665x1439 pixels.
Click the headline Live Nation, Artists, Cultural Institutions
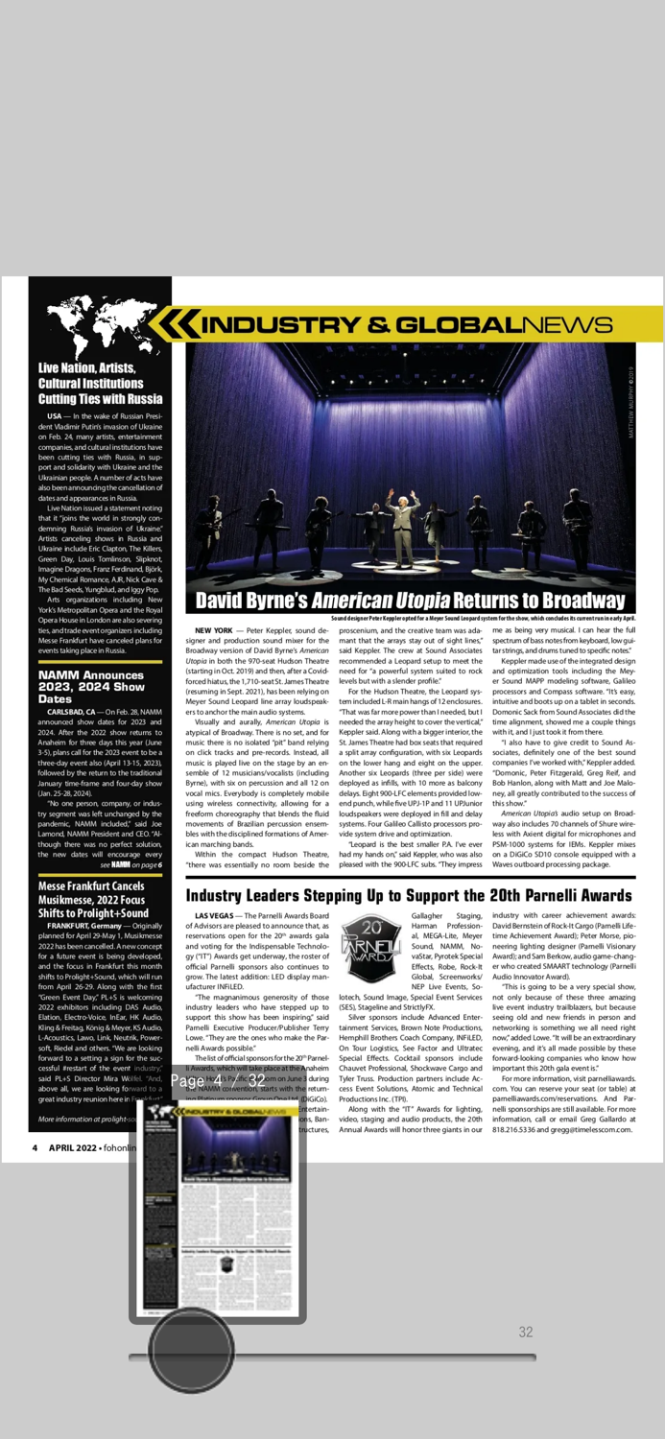(x=100, y=383)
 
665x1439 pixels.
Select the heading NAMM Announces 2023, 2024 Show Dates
(x=91, y=687)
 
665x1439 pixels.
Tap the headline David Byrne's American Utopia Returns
(x=410, y=602)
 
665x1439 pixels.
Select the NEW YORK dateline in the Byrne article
(x=213, y=630)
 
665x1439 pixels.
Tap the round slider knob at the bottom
(x=192, y=1348)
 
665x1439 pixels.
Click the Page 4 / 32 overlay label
(x=218, y=1081)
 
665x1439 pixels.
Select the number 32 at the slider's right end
(x=526, y=1332)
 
